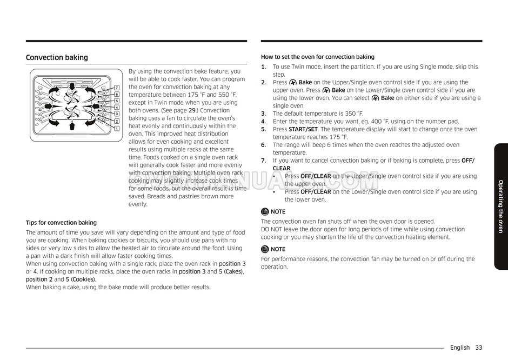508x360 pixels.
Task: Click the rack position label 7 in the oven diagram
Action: (x=117, y=88)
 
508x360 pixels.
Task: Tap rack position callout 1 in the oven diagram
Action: (x=117, y=129)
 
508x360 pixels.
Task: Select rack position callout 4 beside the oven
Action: (x=117, y=108)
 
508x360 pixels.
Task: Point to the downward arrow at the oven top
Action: (x=72, y=87)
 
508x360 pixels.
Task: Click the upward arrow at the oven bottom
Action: (x=72, y=126)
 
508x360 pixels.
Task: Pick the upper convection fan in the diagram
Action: (x=71, y=98)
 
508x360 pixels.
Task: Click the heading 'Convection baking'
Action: (x=57, y=58)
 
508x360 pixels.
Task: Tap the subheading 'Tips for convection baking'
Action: (x=61, y=223)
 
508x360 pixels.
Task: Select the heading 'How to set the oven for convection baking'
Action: (x=317, y=57)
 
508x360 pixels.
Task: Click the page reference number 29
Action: (x=192, y=110)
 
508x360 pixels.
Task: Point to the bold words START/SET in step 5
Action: (x=304, y=129)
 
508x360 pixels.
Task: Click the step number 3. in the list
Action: (x=264, y=114)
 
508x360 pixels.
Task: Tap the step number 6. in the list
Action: (x=264, y=145)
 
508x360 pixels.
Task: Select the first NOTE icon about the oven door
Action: (x=265, y=212)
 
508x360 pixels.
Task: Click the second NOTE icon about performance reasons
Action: (x=265, y=249)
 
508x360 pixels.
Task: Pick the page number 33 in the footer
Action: (x=479, y=348)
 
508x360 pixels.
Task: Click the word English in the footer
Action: (x=460, y=348)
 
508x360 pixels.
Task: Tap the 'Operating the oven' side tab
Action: (x=500, y=206)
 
